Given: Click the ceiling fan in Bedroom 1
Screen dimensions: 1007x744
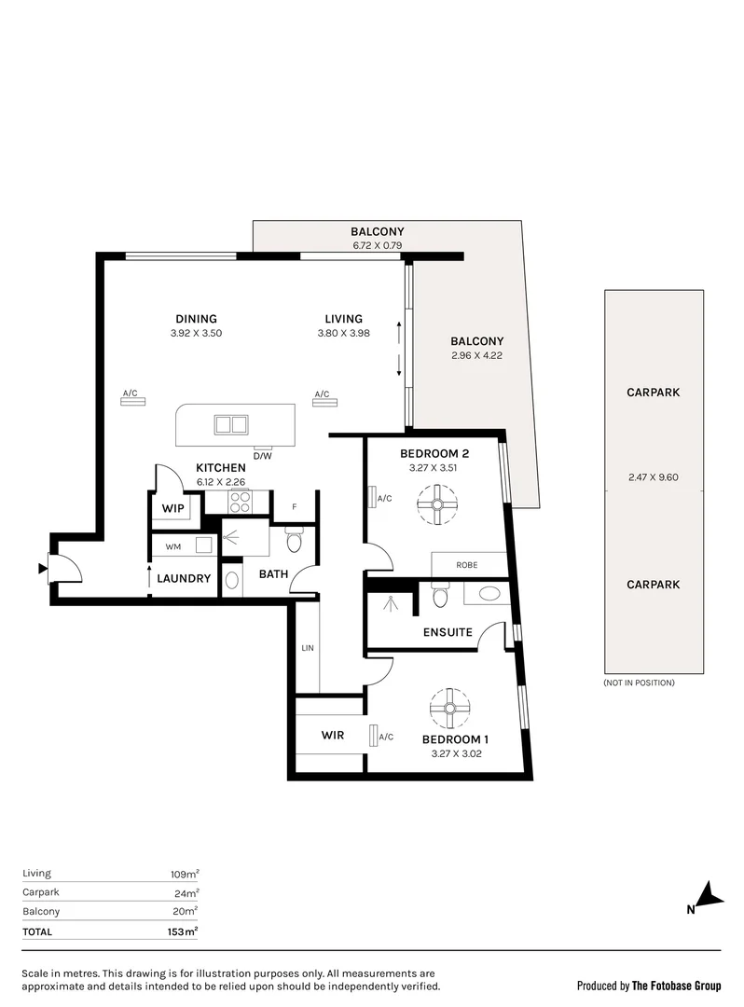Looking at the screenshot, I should point(449,708).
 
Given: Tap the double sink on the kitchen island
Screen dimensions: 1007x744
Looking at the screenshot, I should point(230,425).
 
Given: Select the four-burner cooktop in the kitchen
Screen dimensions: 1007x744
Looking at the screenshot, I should point(239,503).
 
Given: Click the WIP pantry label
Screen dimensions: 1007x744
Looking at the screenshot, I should point(172,508).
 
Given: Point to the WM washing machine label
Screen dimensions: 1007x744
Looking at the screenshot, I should point(172,545).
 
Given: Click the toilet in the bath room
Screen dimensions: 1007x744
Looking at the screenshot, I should point(294,542).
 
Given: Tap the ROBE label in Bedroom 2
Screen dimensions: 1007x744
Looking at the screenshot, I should point(467,565).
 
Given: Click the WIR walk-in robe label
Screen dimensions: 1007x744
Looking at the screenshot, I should point(332,735).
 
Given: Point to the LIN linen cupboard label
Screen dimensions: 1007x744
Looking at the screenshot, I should point(306,647).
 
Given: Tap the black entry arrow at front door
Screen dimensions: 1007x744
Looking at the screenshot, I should point(42,568).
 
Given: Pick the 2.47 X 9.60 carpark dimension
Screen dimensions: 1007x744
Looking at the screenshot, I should point(654,477).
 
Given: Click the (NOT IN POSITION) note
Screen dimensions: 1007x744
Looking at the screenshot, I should point(639,683).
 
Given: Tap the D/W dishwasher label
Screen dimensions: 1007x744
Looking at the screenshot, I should point(262,455).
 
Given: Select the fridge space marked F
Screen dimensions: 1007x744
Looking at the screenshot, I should point(295,506).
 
